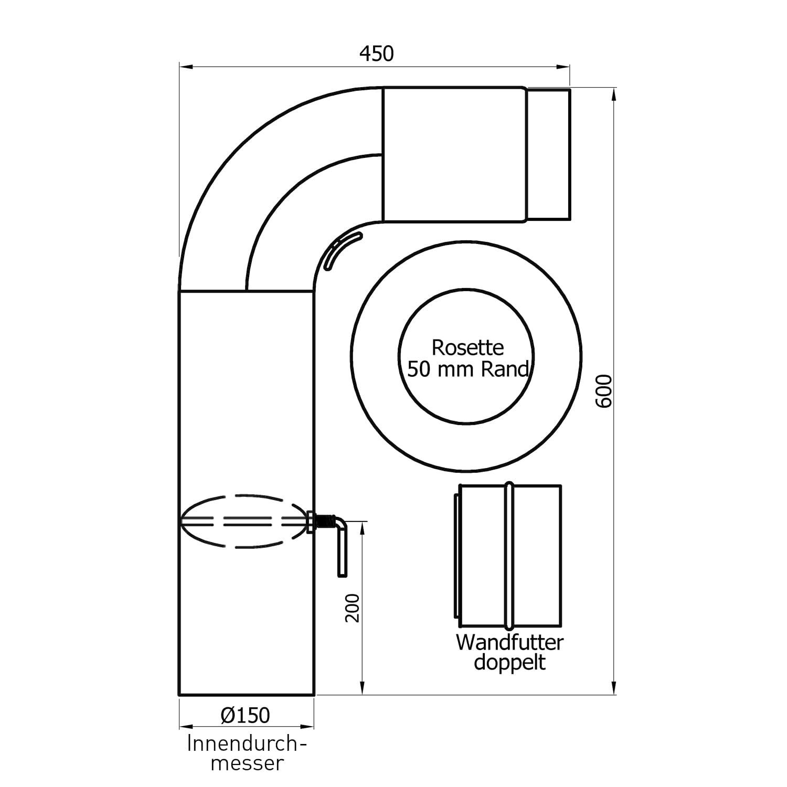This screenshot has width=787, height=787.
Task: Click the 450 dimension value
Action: click(376, 54)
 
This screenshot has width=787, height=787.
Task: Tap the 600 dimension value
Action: click(604, 391)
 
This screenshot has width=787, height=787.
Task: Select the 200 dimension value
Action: click(353, 608)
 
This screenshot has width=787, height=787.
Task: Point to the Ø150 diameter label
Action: click(245, 715)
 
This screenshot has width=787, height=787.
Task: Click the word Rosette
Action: click(467, 347)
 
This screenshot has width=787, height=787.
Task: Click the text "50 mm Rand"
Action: click(467, 369)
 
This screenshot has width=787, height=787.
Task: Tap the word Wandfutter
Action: click(509, 643)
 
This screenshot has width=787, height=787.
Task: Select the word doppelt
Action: click(509, 663)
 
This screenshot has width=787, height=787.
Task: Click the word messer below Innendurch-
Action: click(247, 763)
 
